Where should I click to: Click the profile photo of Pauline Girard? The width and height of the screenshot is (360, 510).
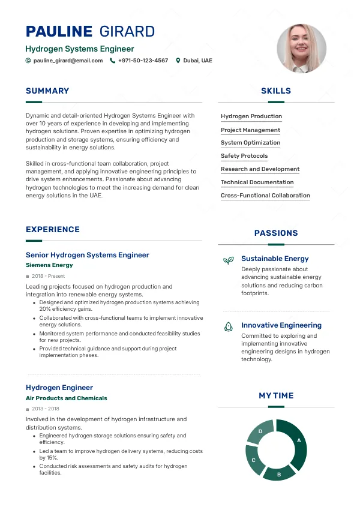[x=301, y=49]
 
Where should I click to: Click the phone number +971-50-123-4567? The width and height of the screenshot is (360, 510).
[x=143, y=61]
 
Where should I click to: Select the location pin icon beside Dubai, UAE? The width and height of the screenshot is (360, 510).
[x=178, y=61]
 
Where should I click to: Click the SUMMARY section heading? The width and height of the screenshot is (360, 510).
[x=47, y=91]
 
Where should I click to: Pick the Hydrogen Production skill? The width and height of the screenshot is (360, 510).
[x=251, y=116]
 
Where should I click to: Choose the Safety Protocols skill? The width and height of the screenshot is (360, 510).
[x=244, y=156]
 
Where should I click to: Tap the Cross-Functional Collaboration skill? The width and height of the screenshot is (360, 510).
[x=265, y=196]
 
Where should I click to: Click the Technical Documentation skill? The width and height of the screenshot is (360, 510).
[x=257, y=182]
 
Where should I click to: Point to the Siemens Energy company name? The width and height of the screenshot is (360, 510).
[x=49, y=265]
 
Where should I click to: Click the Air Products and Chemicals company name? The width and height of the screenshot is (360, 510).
[x=66, y=398]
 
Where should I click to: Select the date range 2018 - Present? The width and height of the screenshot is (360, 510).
[x=48, y=276]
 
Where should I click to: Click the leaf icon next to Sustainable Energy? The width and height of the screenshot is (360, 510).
[x=228, y=260]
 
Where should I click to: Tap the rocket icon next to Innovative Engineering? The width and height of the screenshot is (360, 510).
[x=228, y=326]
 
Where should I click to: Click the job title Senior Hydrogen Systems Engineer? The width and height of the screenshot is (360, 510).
[x=87, y=255]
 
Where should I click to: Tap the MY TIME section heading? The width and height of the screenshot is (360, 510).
[x=276, y=396]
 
